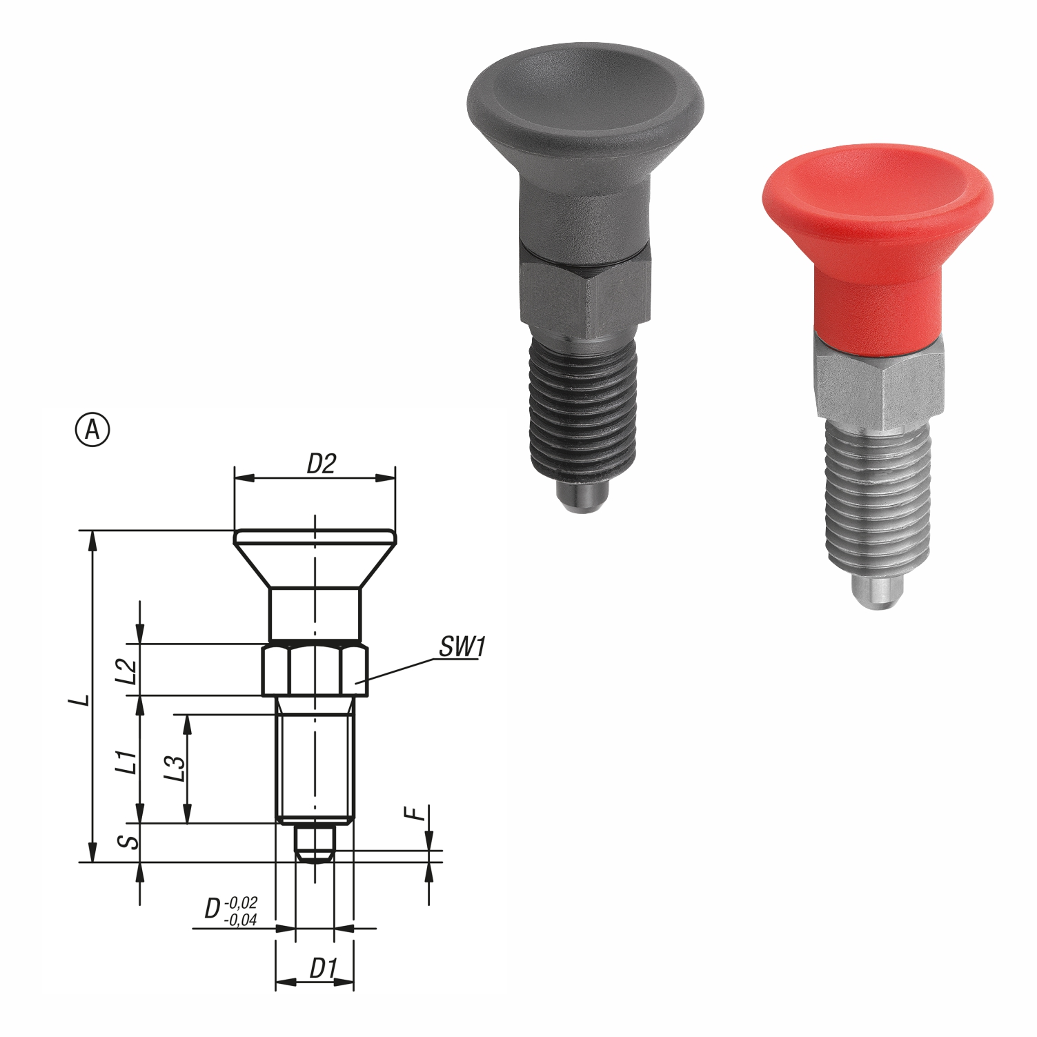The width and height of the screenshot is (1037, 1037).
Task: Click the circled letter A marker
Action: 92,429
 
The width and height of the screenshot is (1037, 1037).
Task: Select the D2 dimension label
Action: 321,464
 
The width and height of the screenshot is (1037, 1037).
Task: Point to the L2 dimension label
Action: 126,670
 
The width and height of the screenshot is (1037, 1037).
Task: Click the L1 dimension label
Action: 126,761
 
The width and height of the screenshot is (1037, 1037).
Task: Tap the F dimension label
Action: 415,813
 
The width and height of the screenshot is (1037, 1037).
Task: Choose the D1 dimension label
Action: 322,969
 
